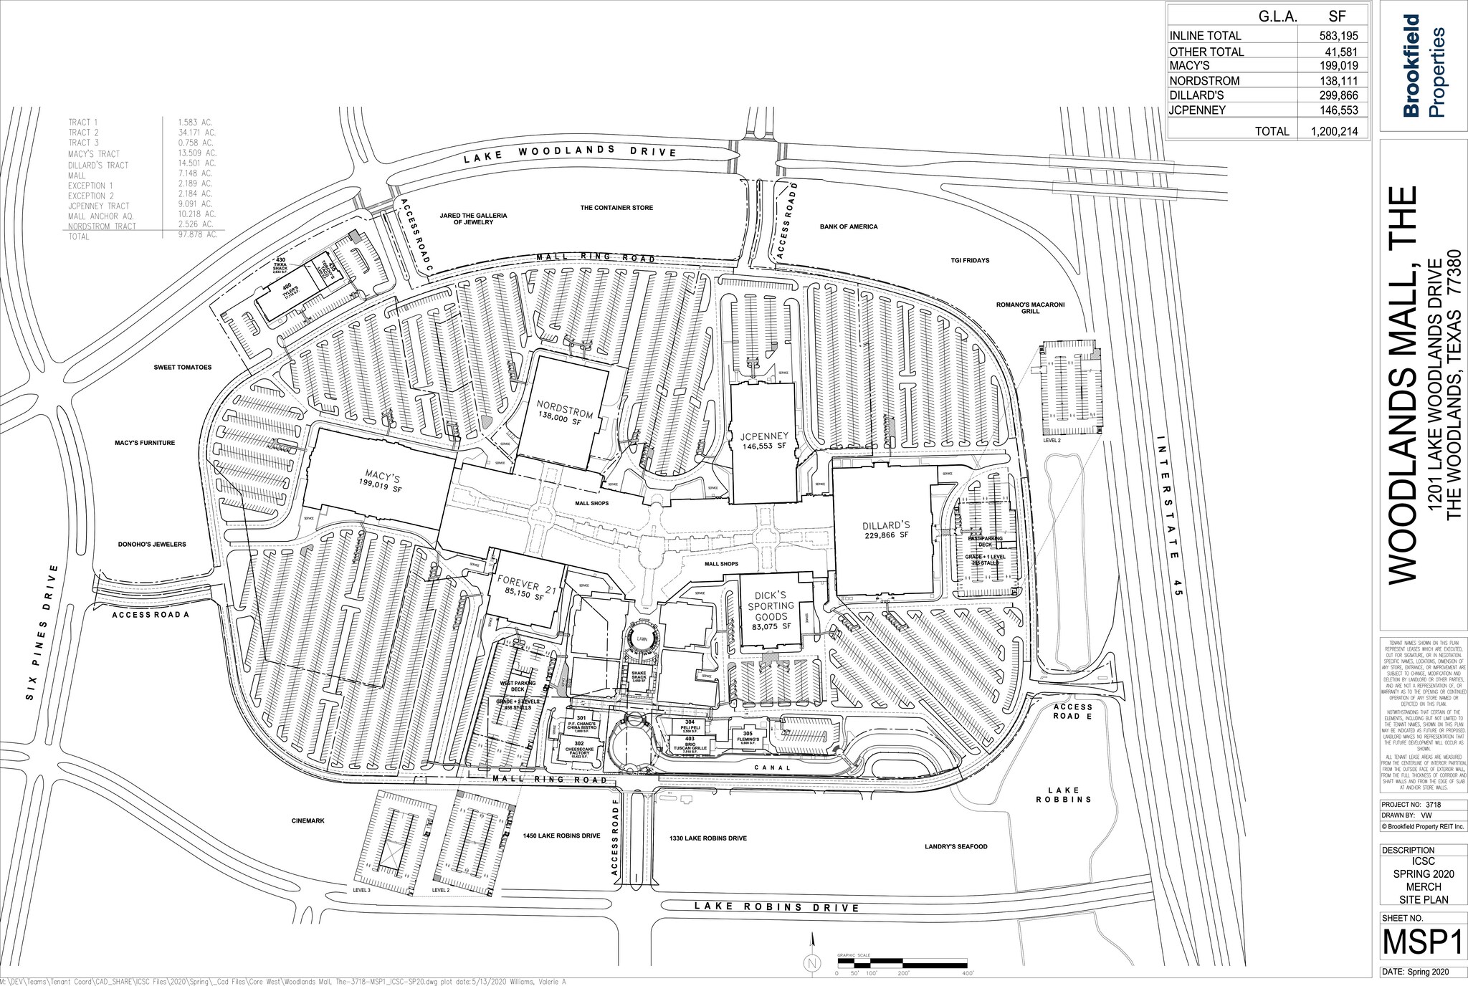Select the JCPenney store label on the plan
pos(761,436)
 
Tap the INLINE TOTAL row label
pos(1205,36)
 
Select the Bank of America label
pos(848,226)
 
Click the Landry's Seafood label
pos(955,846)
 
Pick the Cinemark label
pos(309,820)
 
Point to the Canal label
pos(773,767)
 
